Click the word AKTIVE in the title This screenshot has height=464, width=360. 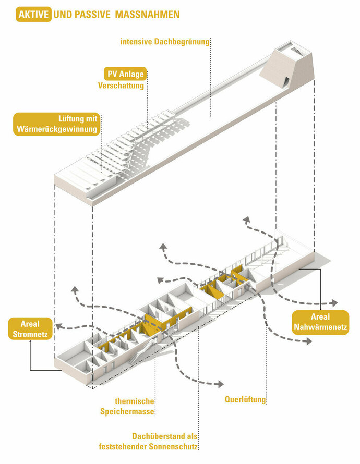pos(34,15)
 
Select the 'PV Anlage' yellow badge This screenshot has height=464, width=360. pos(124,74)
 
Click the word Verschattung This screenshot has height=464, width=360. pos(121,86)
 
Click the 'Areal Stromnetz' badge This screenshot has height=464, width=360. pos(30,328)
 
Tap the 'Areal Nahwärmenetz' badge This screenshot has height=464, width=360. pos(320,322)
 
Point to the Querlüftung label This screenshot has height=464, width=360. pos(245,400)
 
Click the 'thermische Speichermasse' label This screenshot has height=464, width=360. pos(135,406)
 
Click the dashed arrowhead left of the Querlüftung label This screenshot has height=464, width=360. pos(221,384)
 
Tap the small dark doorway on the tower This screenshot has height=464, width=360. pos(286,81)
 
